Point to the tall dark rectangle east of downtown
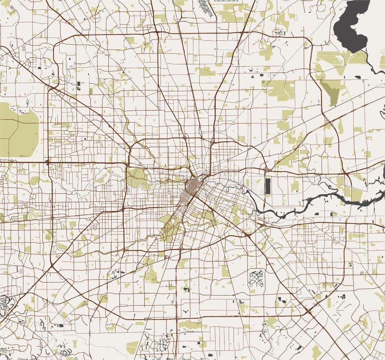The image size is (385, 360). click(x=268, y=186)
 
